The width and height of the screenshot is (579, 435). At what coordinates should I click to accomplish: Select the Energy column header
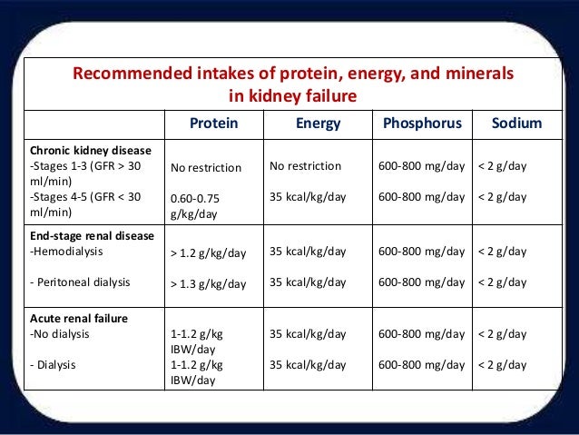click(319, 124)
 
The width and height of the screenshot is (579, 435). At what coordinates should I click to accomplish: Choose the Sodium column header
click(516, 124)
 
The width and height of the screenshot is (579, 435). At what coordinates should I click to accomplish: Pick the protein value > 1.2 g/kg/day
click(208, 252)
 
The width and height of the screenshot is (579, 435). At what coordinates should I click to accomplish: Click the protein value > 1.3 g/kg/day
click(208, 284)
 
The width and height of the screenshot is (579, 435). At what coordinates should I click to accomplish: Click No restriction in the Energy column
click(306, 166)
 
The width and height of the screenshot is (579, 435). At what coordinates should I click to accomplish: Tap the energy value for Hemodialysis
click(309, 250)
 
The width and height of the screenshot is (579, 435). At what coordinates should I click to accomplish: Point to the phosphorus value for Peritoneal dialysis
click(415, 282)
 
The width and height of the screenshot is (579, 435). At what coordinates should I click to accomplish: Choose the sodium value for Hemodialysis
click(502, 250)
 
